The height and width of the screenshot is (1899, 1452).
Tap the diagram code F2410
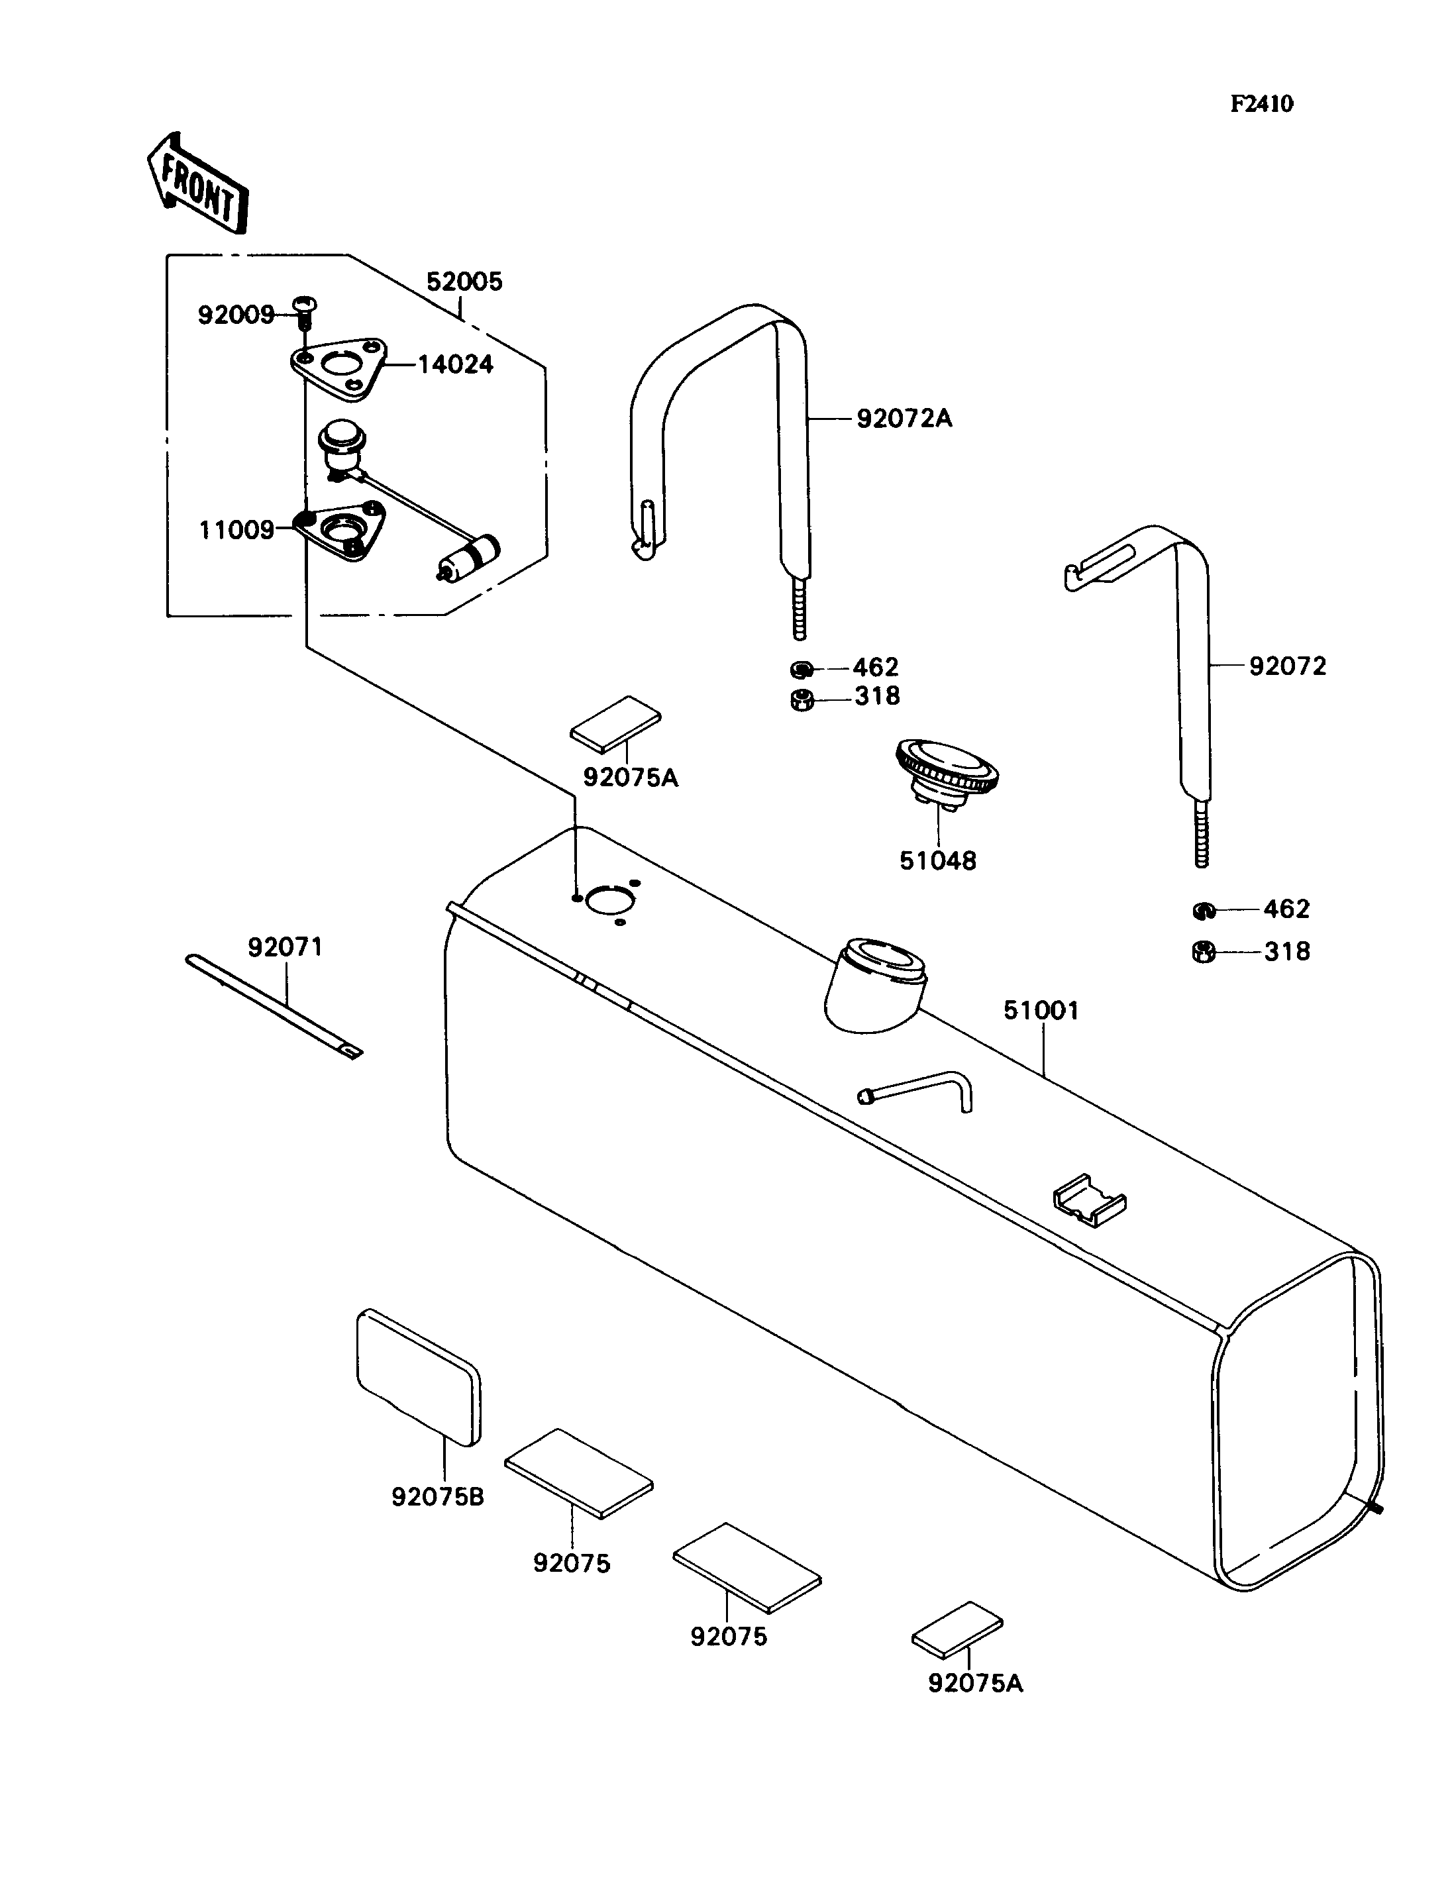click(x=1262, y=105)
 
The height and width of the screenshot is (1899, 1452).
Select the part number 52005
click(x=464, y=282)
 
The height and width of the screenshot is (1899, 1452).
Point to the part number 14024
click(x=456, y=365)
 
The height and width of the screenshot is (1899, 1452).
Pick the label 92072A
click(x=904, y=419)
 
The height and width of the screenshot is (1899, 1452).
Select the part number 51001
click(x=1041, y=1010)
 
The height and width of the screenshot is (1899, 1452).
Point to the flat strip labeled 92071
click(x=274, y=1006)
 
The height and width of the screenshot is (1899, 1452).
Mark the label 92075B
click(x=437, y=1496)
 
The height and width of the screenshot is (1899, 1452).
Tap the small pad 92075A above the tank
click(x=615, y=719)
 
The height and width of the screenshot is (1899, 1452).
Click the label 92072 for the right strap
click(x=1287, y=666)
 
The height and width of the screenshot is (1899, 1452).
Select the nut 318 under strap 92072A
click(x=802, y=700)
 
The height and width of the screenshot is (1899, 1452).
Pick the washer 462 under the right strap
click(x=1202, y=910)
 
